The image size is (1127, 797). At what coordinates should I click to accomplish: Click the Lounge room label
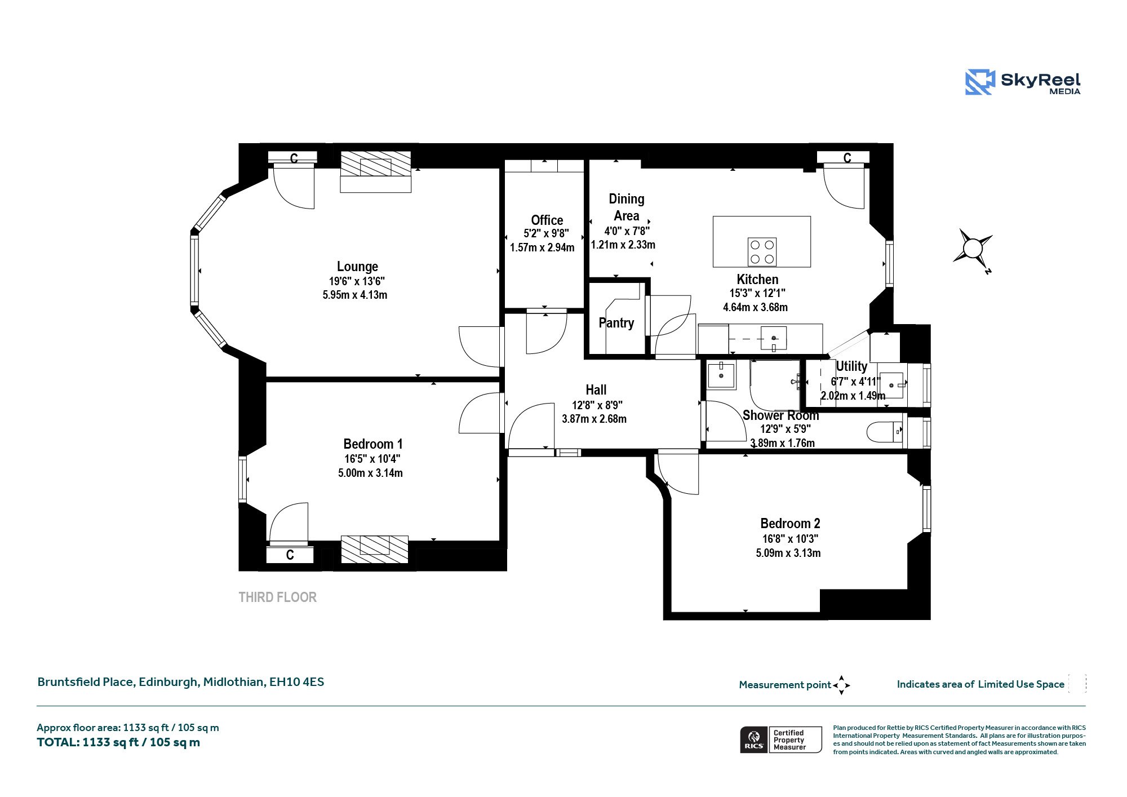357,267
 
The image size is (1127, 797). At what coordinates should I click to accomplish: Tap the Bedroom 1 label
373,444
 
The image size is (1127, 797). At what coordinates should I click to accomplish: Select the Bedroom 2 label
790,524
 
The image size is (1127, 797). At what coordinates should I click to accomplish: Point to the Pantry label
616,323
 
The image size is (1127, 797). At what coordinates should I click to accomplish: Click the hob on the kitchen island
762,252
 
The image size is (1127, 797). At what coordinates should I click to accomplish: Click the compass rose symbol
973,249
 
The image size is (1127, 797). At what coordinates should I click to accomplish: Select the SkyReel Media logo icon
980,82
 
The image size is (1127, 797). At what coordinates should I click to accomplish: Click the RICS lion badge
754,740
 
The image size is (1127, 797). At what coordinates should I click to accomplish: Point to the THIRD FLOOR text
278,597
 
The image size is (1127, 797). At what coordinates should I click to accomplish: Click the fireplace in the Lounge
376,171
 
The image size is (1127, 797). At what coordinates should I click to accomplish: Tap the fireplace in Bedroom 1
375,549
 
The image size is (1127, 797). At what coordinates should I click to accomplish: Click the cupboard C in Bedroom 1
290,555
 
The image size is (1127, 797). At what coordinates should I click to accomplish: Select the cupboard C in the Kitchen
847,158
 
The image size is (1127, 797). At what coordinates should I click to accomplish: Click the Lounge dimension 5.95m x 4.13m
355,295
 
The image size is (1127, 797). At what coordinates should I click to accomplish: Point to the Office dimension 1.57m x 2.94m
542,247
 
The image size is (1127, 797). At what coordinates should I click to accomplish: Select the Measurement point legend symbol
841,685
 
